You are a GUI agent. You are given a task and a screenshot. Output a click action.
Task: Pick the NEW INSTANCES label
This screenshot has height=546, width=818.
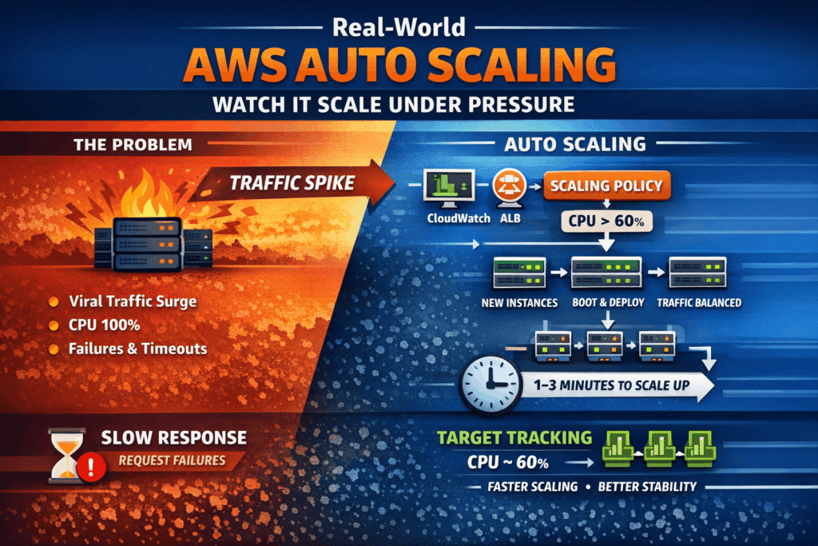519,304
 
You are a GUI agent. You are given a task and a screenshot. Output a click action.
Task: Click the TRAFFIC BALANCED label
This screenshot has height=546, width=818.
698,304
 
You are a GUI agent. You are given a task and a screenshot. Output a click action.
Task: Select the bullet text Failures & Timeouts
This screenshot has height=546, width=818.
137,348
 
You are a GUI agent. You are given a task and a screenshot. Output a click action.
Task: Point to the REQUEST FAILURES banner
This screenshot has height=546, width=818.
171,460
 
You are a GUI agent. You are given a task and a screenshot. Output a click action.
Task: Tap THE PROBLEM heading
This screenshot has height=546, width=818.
132,146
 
